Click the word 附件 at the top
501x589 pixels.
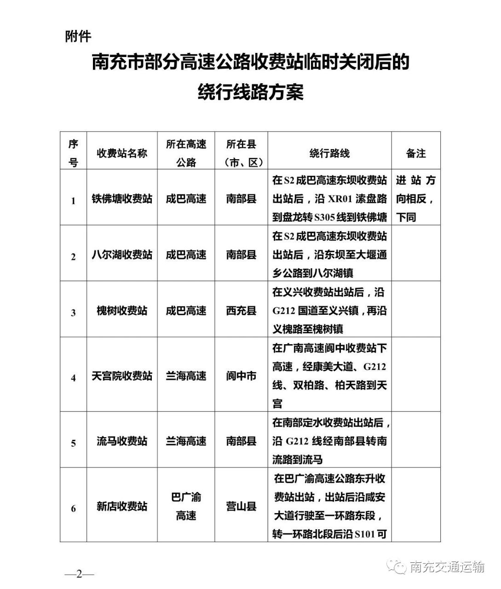[x=78, y=37]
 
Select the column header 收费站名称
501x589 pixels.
[x=122, y=153]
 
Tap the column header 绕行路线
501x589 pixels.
[x=329, y=153]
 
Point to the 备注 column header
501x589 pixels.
[x=416, y=153]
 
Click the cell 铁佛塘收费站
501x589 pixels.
[x=122, y=199]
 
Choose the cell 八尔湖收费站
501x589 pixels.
[x=122, y=254]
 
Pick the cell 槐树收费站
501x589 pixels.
[x=122, y=311]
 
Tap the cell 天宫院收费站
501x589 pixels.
[x=122, y=376]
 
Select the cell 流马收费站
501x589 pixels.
[x=122, y=441]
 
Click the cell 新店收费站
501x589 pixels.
[x=122, y=507]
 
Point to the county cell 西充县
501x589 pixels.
[x=241, y=311]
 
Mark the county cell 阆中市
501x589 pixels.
[x=241, y=376]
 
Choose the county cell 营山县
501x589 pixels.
[x=241, y=507]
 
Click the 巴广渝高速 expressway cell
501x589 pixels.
[x=186, y=507]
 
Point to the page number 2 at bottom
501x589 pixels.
[x=79, y=574]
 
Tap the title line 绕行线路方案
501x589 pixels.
[x=250, y=92]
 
